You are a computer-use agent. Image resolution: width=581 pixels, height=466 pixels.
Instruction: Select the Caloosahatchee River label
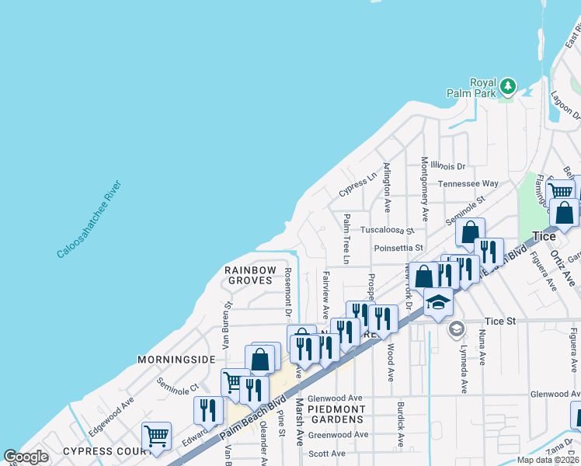pyautogui.click(x=90, y=220)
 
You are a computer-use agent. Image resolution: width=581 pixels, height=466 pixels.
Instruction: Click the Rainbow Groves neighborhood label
pyautogui.click(x=250, y=276)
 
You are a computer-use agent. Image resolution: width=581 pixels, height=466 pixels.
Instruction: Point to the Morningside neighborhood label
pyautogui.click(x=176, y=360)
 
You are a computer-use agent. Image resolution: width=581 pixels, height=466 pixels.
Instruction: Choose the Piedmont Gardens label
pyautogui.click(x=336, y=415)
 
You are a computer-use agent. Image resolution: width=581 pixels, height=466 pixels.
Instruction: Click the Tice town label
pyautogui.click(x=544, y=236)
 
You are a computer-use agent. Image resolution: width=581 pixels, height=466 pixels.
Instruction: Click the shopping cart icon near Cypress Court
pyautogui.click(x=156, y=435)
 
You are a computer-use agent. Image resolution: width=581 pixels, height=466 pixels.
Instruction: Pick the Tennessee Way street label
pyautogui.click(x=468, y=184)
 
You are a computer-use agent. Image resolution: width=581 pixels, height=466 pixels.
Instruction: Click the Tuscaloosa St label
pyautogui.click(x=388, y=231)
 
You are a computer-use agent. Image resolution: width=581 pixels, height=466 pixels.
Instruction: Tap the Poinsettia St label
pyautogui.click(x=398, y=249)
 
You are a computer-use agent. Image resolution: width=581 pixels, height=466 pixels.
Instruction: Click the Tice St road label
pyautogui.click(x=499, y=321)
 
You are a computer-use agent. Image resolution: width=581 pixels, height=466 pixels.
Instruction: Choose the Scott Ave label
pyautogui.click(x=327, y=454)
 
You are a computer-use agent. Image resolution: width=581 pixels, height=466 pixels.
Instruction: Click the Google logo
pyautogui.click(x=26, y=457)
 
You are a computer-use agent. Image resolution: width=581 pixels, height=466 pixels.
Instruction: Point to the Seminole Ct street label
pyautogui.click(x=178, y=384)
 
